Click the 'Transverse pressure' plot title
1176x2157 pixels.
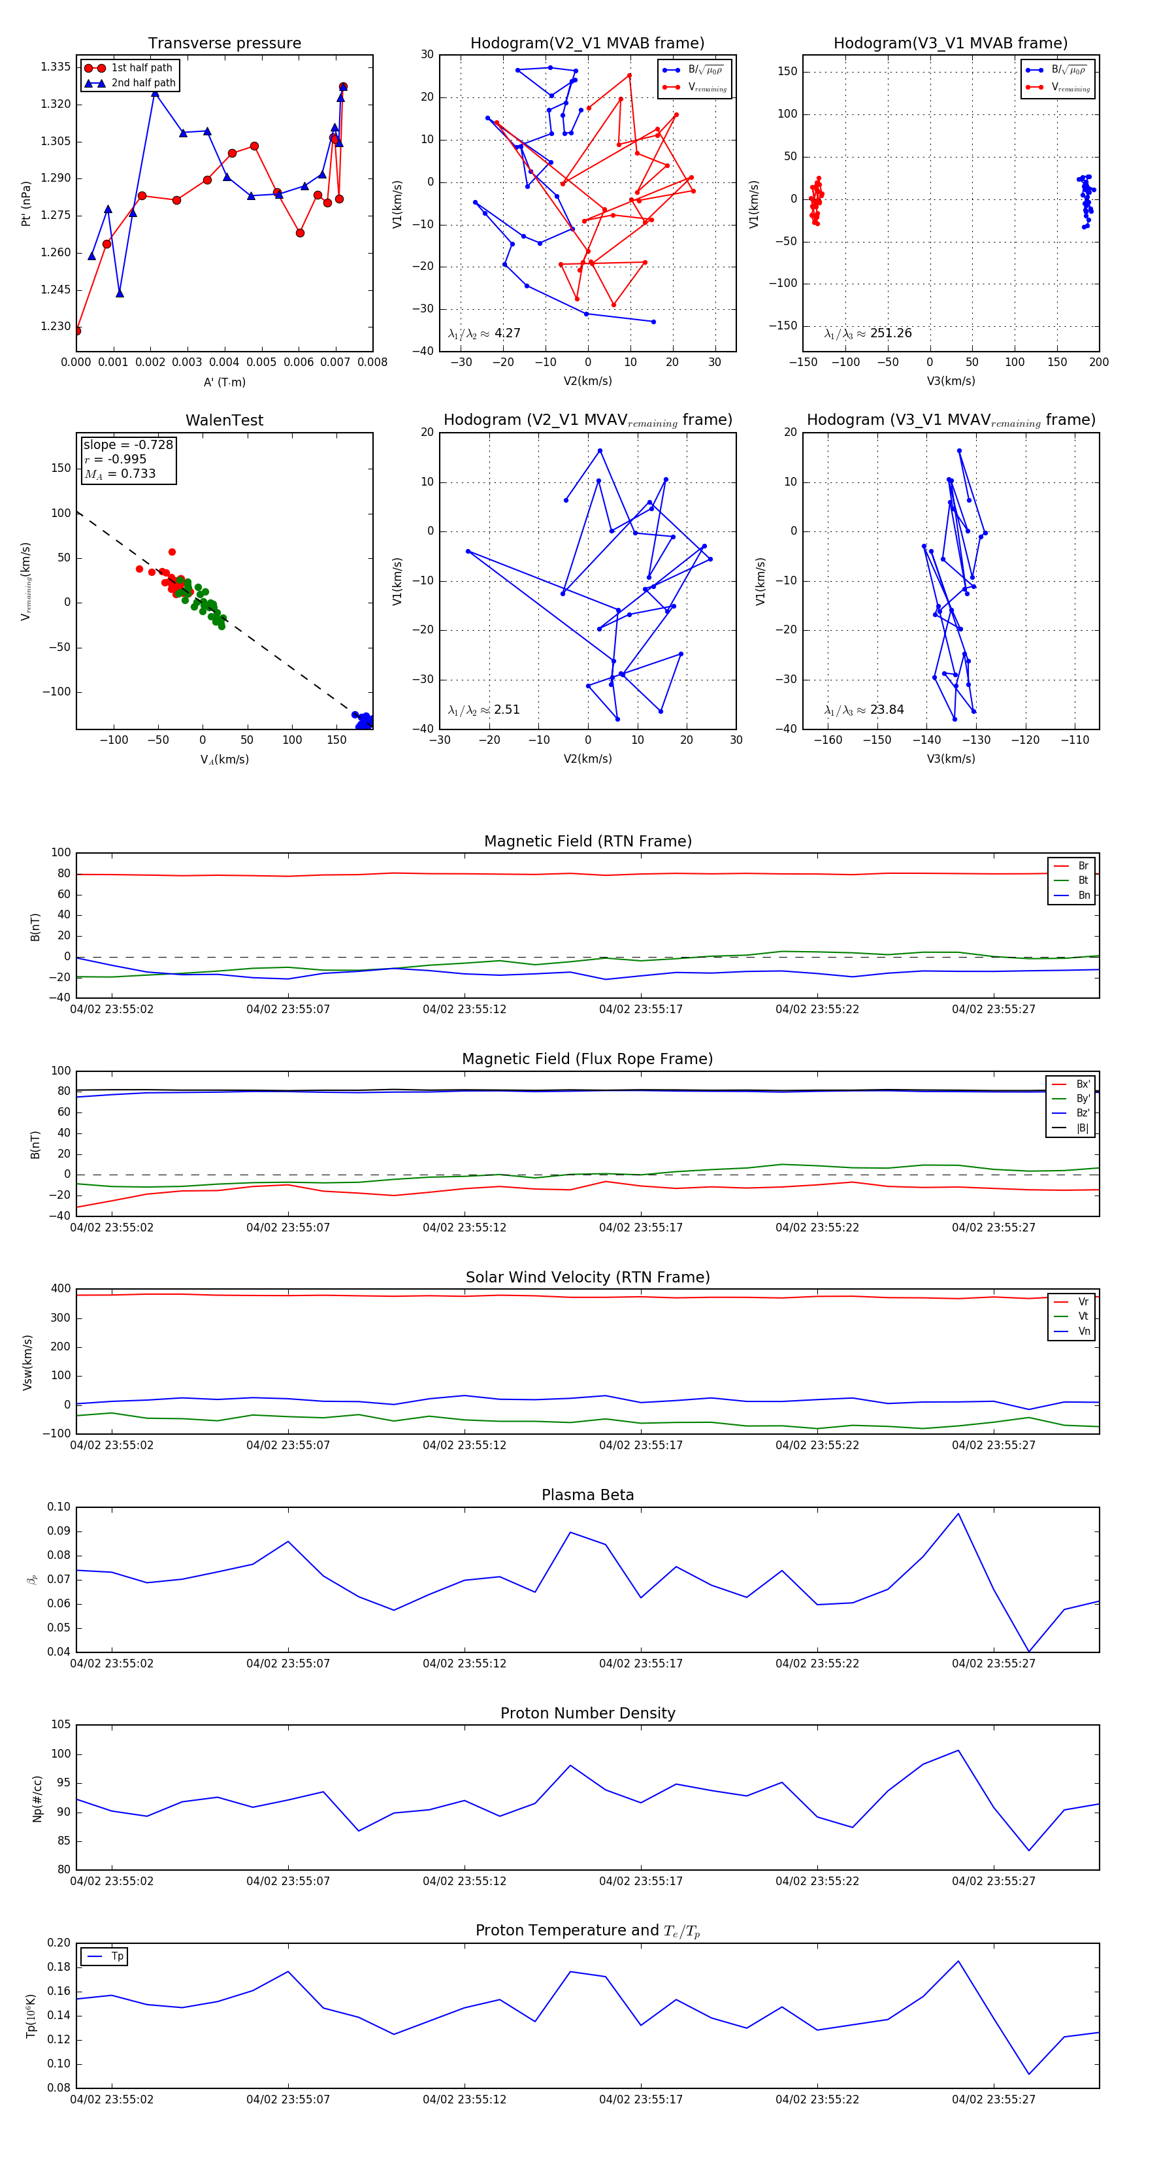(224, 44)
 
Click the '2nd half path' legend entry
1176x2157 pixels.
(143, 83)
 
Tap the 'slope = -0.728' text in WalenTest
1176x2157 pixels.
(128, 444)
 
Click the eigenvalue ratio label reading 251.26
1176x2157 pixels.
(868, 333)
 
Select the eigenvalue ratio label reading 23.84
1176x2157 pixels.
(864, 710)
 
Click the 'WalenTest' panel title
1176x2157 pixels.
(224, 420)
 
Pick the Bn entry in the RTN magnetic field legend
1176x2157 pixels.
(1083, 895)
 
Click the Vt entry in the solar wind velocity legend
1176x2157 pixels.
(1083, 1316)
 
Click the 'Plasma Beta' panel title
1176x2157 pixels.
(587, 1495)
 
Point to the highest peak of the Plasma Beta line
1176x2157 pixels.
(958, 1514)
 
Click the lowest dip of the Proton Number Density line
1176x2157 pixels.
(1029, 1850)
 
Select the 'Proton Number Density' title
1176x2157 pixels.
(587, 1713)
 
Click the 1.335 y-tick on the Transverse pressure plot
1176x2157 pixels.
(56, 67)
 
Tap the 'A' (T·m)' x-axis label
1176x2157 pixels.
(224, 382)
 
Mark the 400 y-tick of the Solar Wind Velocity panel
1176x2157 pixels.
(60, 1289)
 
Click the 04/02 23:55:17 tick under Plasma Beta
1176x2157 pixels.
(640, 1663)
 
